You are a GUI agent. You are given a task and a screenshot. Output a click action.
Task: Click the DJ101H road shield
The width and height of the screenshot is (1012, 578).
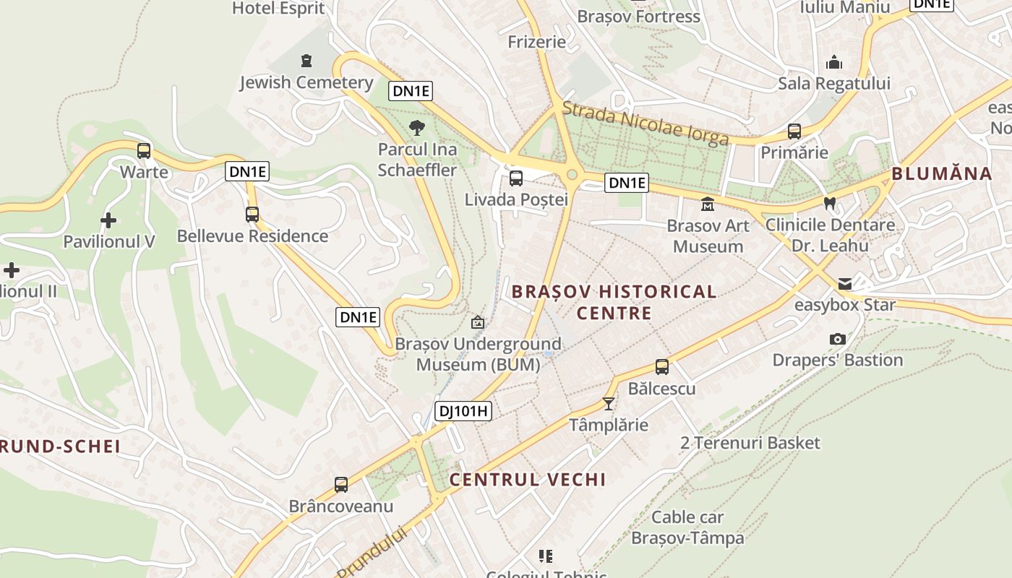(463, 412)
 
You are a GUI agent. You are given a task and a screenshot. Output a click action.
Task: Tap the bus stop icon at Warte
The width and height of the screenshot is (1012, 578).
(144, 151)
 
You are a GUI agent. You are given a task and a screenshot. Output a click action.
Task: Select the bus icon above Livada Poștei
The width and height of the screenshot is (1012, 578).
(516, 178)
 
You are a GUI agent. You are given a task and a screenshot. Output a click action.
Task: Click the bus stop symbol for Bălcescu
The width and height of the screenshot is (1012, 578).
(662, 367)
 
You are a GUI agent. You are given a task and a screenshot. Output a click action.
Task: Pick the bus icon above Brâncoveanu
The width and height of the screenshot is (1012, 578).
(341, 484)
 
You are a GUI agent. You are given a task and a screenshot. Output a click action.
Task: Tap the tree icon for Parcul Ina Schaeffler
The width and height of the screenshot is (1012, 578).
(417, 129)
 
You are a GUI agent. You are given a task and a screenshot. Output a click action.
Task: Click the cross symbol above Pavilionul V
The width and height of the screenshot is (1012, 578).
(108, 220)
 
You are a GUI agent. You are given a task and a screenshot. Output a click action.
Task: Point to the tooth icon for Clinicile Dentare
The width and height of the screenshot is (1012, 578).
(830, 204)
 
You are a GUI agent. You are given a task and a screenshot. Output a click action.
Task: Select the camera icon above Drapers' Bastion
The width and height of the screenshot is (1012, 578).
(838, 339)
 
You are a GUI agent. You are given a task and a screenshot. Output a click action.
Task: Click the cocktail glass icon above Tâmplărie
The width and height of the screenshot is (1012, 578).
(609, 403)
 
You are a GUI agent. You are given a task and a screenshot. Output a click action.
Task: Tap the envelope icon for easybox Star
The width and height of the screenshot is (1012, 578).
(844, 284)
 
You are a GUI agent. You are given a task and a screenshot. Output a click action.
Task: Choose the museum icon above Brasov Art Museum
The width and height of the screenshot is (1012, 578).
(708, 204)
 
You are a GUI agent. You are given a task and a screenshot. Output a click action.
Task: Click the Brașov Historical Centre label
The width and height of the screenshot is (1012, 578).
(614, 302)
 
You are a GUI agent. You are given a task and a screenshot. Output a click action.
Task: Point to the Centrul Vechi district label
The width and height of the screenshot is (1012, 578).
(528, 480)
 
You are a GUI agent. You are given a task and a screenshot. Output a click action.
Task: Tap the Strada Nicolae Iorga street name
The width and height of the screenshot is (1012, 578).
(645, 124)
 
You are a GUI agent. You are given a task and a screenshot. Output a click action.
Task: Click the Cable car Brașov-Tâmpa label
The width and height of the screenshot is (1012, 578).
(687, 527)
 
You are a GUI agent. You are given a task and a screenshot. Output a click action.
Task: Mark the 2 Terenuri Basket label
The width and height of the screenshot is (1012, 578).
(750, 443)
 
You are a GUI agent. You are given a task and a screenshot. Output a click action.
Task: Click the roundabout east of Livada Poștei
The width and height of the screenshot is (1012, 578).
(573, 174)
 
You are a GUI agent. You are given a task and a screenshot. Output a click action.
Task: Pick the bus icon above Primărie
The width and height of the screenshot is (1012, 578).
(794, 131)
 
